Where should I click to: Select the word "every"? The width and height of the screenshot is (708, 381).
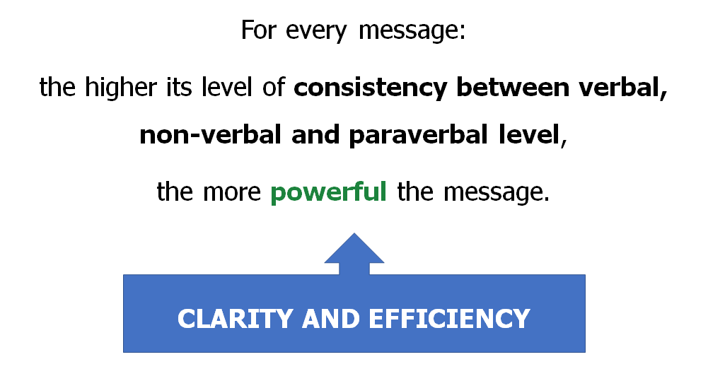coord(316,33)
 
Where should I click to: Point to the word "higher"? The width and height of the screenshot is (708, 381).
coord(120,88)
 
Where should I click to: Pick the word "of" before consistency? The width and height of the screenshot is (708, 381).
coord(274,87)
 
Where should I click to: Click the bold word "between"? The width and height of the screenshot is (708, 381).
coord(513,87)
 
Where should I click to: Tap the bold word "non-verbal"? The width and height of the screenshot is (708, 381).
coord(210,134)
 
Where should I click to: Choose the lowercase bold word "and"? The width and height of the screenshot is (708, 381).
coord(315,134)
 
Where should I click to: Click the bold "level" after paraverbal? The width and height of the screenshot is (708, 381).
coord(529,134)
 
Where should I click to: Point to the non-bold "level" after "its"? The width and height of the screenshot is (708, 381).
coord(226,87)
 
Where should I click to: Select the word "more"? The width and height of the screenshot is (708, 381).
coord(231,192)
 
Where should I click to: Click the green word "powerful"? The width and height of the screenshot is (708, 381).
coord(328,192)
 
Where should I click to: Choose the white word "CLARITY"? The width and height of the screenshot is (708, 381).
coord(236,319)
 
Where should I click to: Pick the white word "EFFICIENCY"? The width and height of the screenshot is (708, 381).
coord(449,319)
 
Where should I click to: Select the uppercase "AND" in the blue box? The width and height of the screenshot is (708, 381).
coord(330,319)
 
